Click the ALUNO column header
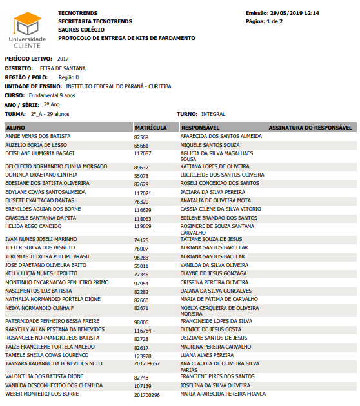click(15, 128)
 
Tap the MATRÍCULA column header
click(151, 128)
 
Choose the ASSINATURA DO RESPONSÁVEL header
click(310, 128)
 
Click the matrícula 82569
click(141, 137)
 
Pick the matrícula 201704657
click(147, 363)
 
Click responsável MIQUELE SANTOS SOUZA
click(210, 145)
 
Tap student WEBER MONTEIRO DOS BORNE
click(42, 394)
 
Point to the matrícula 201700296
click(147, 394)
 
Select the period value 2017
click(63, 59)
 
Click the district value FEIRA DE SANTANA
click(63, 68)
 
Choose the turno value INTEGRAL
click(213, 114)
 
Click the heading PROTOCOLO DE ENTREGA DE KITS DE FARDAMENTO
click(126, 38)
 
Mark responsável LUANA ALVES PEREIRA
click(207, 354)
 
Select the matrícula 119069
click(143, 226)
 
